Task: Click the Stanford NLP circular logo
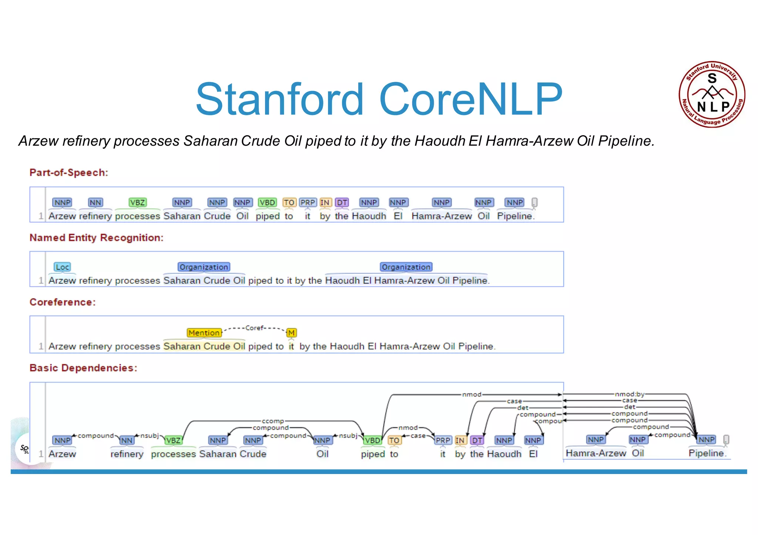[712, 94]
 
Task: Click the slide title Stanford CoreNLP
[379, 99]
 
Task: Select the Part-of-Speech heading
[69, 173]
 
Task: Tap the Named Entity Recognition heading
[96, 238]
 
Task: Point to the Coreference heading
[63, 302]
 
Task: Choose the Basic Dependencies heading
[83, 368]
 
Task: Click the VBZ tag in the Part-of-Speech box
[137, 203]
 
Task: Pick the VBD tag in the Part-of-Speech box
[267, 203]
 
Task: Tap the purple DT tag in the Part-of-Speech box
[342, 203]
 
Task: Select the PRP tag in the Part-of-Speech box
[308, 203]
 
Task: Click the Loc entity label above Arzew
[62, 267]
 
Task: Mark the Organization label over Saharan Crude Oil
[204, 267]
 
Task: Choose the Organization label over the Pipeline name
[406, 267]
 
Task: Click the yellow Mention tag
[204, 333]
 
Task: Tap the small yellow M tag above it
[291, 333]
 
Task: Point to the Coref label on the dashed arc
[254, 328]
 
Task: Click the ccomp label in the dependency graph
[273, 421]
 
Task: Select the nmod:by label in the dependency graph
[630, 395]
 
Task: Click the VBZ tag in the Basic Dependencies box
[173, 440]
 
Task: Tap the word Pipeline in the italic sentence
[626, 141]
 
